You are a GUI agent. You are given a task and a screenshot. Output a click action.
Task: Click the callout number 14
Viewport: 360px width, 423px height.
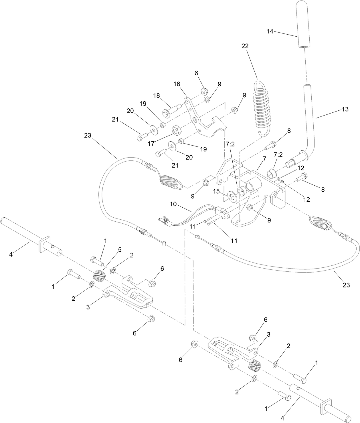click(270, 31)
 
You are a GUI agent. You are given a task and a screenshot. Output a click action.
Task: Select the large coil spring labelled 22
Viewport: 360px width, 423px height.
click(262, 106)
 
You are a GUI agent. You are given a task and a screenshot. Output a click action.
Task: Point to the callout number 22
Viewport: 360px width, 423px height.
click(245, 46)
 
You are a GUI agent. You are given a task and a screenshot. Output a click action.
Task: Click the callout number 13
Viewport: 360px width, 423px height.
click(345, 109)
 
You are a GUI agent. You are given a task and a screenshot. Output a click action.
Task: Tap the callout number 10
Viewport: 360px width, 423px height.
click(173, 204)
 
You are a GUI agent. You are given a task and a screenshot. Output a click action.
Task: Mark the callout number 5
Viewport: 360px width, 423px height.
click(120, 250)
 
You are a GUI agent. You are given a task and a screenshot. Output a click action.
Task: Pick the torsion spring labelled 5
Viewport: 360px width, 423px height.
click(100, 276)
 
